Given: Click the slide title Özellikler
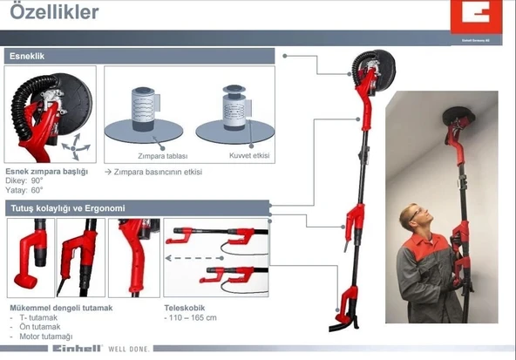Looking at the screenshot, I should [x=53, y=13].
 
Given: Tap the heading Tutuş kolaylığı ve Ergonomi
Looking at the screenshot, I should [x=68, y=208].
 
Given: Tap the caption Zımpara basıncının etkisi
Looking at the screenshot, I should [x=158, y=172].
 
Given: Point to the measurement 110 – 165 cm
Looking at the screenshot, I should [x=192, y=318].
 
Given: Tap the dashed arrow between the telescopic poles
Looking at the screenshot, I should [x=196, y=258].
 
